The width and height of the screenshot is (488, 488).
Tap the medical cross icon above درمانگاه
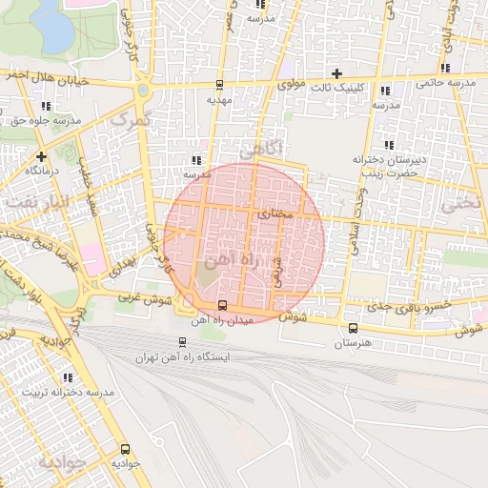click(40, 155)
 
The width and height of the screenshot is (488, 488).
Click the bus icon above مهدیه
click(220, 84)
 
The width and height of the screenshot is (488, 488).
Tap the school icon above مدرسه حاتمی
click(445, 67)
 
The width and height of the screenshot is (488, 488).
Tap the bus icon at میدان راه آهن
click(222, 305)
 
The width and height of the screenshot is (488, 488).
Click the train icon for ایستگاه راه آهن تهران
click(182, 342)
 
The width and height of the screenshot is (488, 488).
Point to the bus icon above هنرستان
click(353, 327)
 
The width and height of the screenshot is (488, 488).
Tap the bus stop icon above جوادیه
click(124, 449)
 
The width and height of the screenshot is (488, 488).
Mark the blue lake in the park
click(53, 30)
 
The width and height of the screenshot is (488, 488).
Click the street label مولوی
click(292, 85)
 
